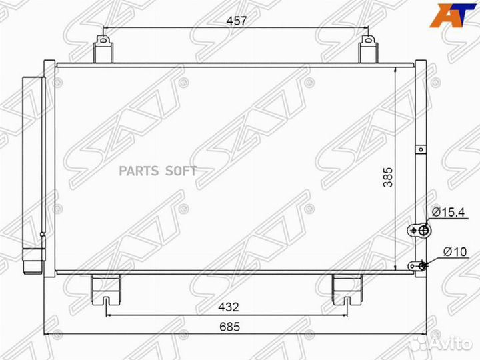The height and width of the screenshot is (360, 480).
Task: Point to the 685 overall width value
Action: coord(229,327)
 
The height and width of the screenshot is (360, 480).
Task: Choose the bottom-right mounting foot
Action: coord(347,287)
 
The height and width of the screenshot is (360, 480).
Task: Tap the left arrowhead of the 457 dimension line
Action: coord(105,29)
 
